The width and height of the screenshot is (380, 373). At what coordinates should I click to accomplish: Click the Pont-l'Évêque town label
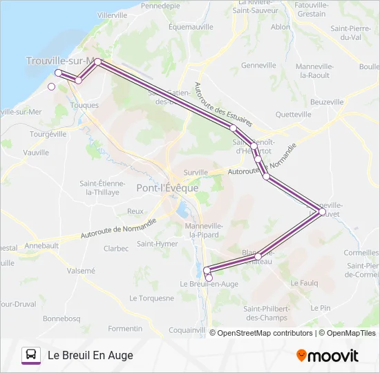coord(167,188)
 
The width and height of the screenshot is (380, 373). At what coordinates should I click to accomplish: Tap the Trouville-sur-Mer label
coord(61,61)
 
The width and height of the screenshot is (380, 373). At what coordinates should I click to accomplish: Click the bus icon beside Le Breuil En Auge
coord(31,355)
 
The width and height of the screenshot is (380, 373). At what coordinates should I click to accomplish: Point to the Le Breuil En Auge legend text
coord(90,356)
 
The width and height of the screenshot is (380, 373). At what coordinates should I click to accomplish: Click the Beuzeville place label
coord(326,102)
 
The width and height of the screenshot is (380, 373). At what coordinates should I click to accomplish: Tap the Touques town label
coord(84,106)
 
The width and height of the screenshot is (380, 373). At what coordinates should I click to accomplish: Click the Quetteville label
coord(294,115)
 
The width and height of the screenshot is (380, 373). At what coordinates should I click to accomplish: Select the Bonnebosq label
coord(61,318)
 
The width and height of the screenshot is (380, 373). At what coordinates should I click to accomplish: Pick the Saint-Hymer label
coord(157,243)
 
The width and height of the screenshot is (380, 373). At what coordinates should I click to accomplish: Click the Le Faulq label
coord(304,283)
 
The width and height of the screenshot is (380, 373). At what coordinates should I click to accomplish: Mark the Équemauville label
coord(191,28)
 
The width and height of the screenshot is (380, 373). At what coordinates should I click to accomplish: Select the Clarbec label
coord(116,249)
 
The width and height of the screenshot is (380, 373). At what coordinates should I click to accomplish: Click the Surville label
coord(196,173)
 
